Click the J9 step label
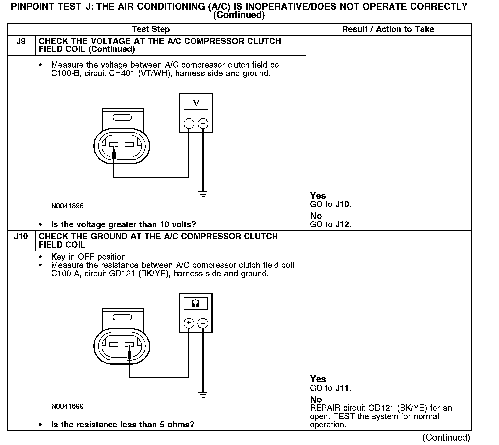[21, 41]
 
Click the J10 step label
[21, 237]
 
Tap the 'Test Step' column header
[151, 29]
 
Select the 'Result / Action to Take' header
[388, 29]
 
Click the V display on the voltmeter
[196, 103]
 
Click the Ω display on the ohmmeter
[196, 303]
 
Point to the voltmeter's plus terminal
[189, 124]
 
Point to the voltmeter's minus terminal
[203, 124]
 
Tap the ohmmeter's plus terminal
[189, 323]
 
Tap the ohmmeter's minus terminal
[203, 323]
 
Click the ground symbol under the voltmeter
[203, 194]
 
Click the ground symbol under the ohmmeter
[203, 395]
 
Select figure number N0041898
[67, 206]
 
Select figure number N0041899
[67, 406]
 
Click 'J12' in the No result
[342, 225]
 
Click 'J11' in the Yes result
[342, 388]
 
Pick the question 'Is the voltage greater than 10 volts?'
[123, 225]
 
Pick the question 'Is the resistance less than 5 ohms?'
[122, 425]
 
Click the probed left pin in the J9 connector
[114, 145]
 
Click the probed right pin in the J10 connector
[129, 345]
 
